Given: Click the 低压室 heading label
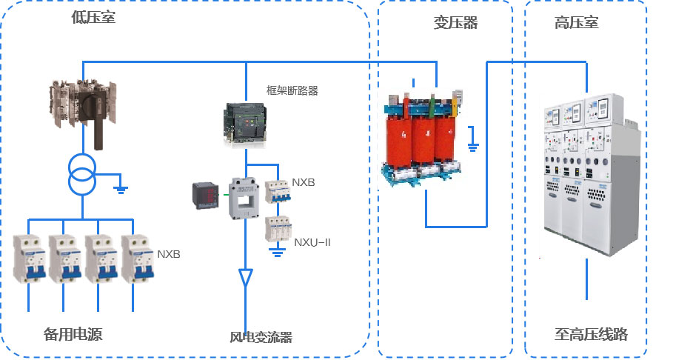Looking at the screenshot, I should tap(93, 17).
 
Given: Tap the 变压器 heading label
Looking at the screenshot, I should tap(455, 23).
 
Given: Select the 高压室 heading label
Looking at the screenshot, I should tap(576, 23).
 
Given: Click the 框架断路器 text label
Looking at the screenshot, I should tap(292, 90).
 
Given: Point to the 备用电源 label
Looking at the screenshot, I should tap(73, 334).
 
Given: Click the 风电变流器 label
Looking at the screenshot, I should tap(261, 338).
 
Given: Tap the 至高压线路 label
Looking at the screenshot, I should tap(591, 334).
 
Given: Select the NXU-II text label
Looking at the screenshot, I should tap(311, 241).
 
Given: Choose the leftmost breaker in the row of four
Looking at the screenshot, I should tap(30, 259).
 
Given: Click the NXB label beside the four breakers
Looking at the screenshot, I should tap(168, 254).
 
